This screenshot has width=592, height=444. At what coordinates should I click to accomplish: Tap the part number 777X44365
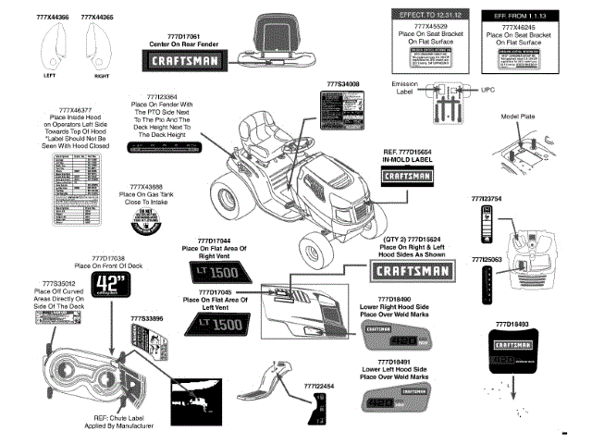click(x=97, y=18)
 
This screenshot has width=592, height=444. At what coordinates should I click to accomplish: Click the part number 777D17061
click(x=178, y=36)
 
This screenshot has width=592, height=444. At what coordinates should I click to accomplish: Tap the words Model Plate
click(x=518, y=116)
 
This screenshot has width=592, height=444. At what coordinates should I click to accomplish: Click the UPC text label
click(x=488, y=90)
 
